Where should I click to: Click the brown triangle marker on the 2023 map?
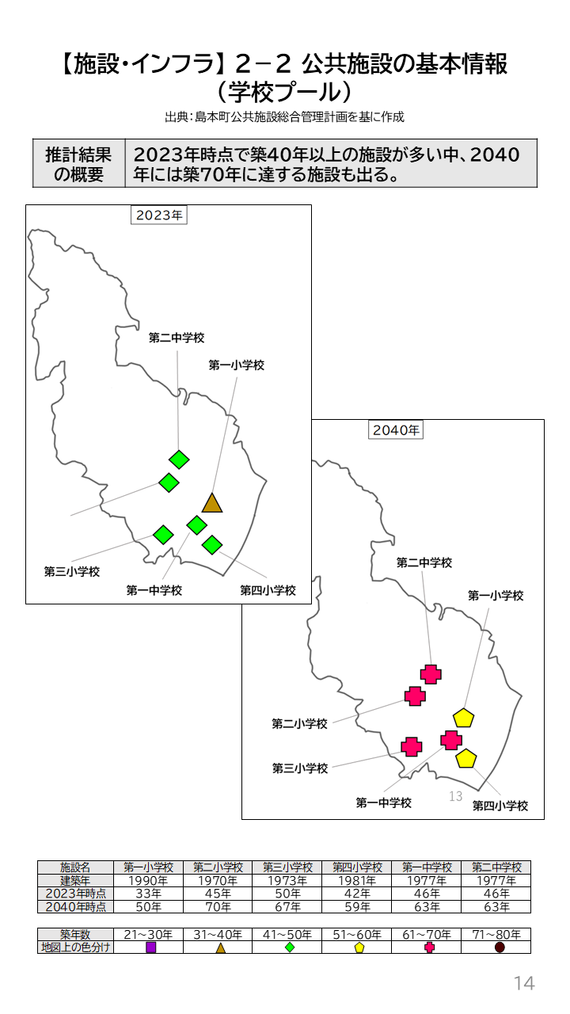click(211, 503)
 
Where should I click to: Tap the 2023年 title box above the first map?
click(158, 215)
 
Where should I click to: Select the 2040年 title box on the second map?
click(396, 430)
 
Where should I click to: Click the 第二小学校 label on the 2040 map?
click(299, 724)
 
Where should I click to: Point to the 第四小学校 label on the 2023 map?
click(268, 591)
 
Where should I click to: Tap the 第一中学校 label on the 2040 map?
click(383, 803)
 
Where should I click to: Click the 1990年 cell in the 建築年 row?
click(148, 881)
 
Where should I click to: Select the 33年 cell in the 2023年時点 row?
click(148, 894)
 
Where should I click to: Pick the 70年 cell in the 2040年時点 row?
click(218, 906)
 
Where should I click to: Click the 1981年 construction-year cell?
click(357, 881)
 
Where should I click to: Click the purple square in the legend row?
click(150, 947)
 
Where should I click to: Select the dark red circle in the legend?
click(500, 947)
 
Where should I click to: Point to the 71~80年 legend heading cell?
click(496, 935)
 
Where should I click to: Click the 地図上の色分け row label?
click(75, 947)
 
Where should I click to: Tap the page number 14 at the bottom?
click(524, 984)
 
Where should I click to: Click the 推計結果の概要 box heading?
click(78, 164)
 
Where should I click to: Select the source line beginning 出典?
click(284, 117)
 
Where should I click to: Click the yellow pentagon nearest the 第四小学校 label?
click(466, 759)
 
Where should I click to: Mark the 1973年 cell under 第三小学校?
click(287, 881)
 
